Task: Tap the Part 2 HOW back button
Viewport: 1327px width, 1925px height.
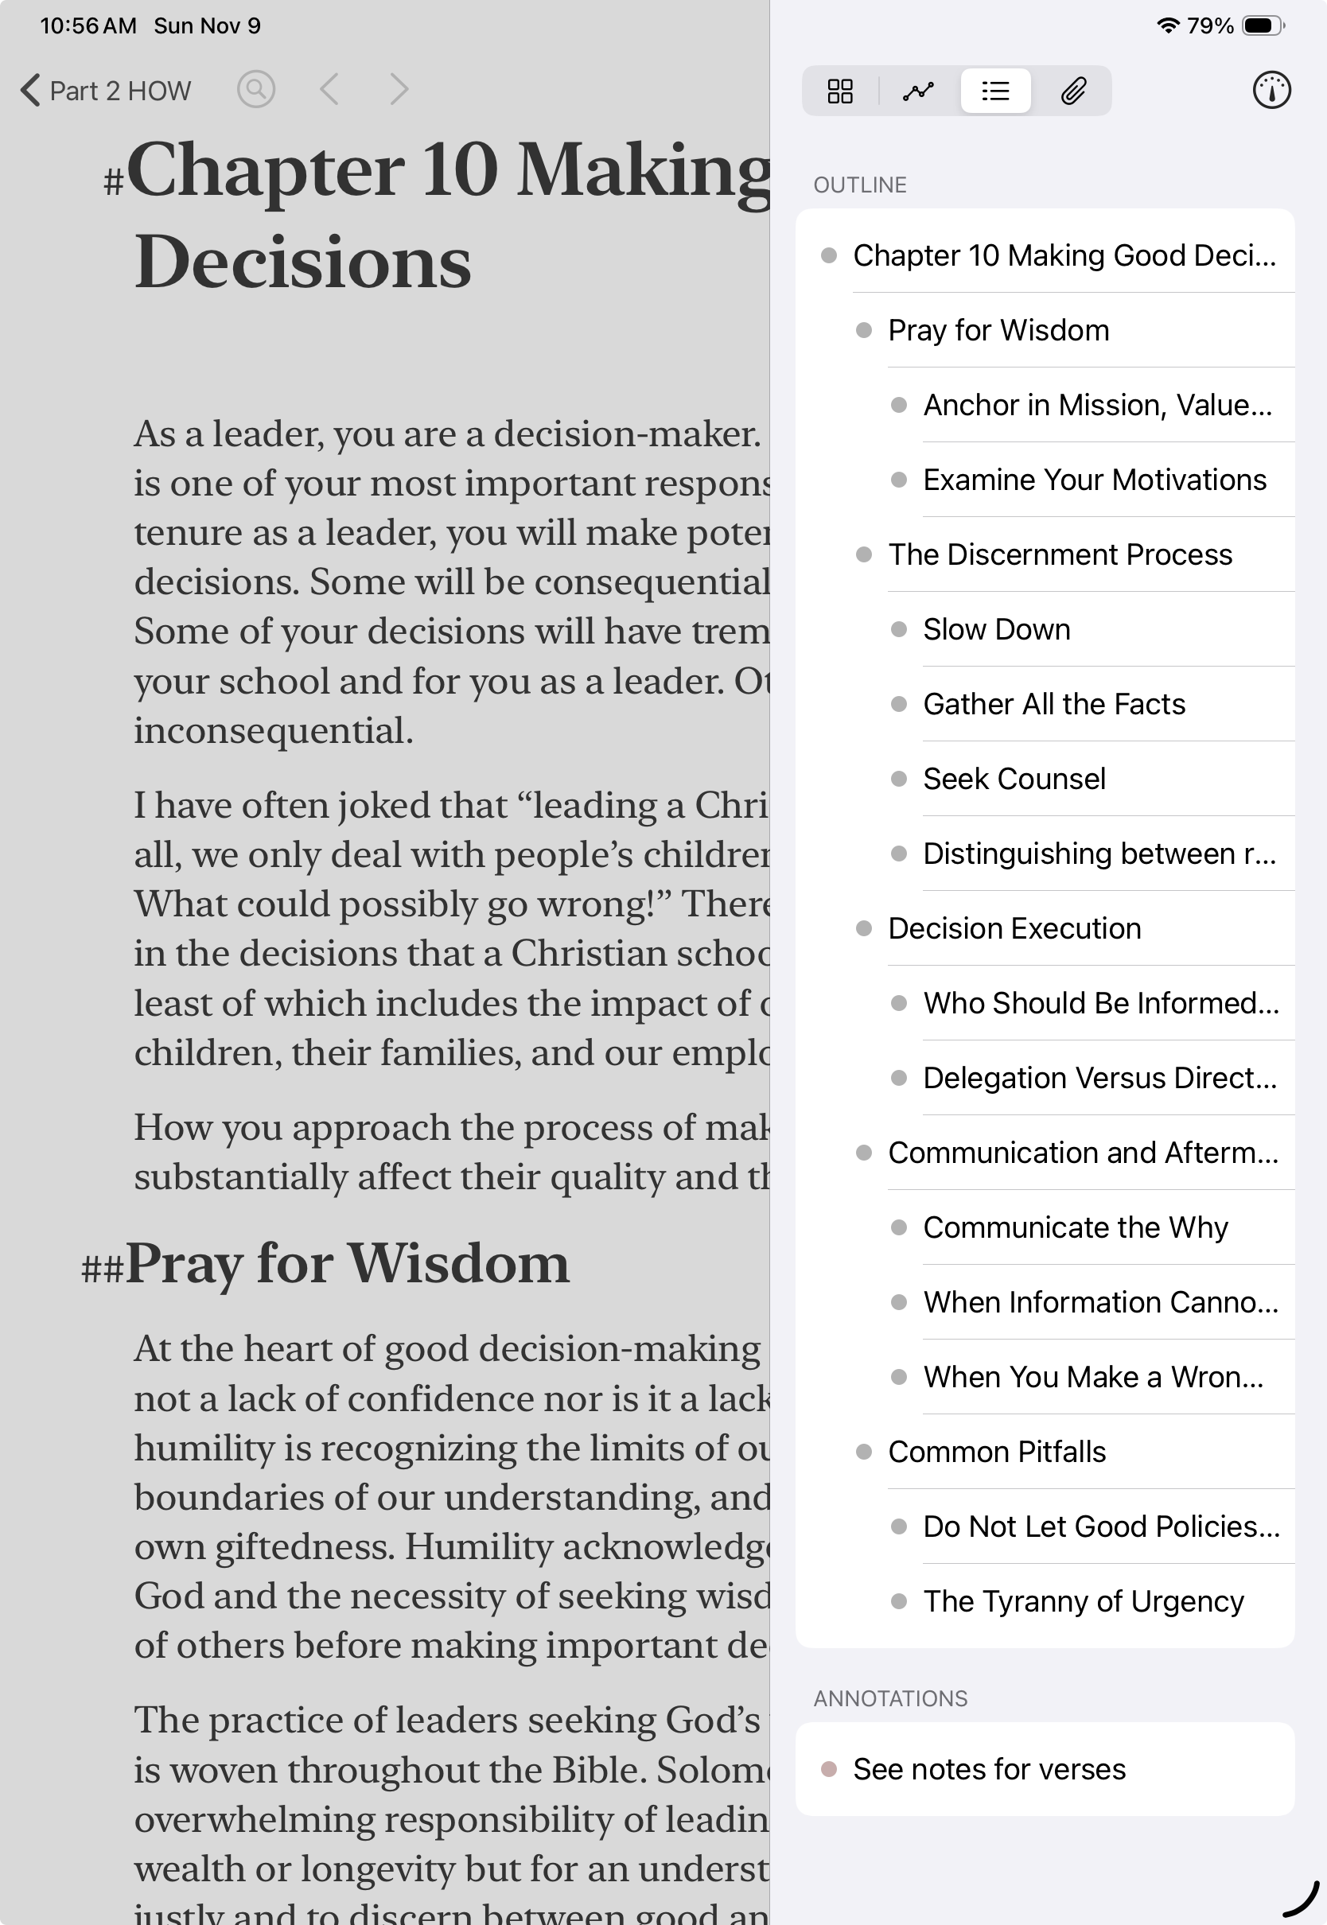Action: tap(107, 91)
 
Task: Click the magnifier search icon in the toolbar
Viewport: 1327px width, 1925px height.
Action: tap(256, 89)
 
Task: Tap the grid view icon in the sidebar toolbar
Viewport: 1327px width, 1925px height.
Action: tap(840, 91)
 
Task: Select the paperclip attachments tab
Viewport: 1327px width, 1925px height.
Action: tap(1072, 91)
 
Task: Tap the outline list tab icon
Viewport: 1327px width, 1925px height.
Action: tap(995, 91)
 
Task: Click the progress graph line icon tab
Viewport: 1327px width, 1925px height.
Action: tap(918, 91)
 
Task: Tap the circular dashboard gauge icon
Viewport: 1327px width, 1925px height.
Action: tap(1271, 91)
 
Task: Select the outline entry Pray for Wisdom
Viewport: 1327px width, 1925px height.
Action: tap(998, 331)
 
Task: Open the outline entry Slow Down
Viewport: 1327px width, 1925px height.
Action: tap(996, 630)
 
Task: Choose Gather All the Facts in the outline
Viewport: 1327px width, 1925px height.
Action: tap(1053, 705)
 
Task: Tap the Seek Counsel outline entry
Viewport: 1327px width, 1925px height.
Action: tap(1014, 780)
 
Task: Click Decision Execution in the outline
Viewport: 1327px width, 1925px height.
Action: tap(1014, 929)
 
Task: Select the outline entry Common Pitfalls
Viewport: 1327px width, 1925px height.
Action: tap(996, 1452)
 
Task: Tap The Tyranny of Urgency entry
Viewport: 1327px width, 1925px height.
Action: tap(1083, 1602)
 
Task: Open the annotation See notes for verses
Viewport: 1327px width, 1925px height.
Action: tap(989, 1770)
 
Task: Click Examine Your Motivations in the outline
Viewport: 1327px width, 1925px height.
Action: tap(1094, 480)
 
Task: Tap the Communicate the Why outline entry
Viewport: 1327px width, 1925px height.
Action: tap(1075, 1227)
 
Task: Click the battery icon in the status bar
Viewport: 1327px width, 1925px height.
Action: tap(1261, 25)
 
